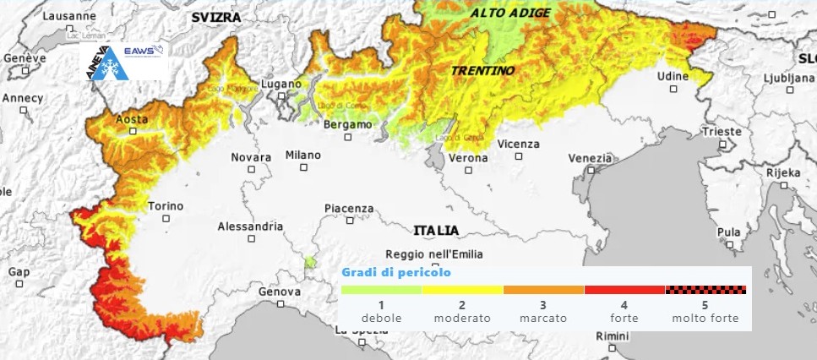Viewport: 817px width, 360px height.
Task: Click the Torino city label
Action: (x=165, y=206)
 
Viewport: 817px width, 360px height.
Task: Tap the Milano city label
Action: (x=302, y=155)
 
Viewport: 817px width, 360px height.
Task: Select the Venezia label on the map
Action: (x=590, y=158)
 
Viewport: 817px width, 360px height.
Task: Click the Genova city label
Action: (x=279, y=292)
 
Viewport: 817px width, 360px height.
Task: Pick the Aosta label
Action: (x=131, y=120)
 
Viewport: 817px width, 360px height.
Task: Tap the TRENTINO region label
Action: (x=482, y=71)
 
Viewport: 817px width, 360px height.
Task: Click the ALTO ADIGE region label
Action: (x=510, y=13)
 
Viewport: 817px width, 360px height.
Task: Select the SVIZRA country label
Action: (x=215, y=17)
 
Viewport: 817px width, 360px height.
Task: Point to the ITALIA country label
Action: (x=436, y=230)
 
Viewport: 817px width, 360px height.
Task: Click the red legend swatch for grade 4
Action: (x=624, y=290)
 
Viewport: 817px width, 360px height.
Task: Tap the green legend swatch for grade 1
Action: (x=381, y=290)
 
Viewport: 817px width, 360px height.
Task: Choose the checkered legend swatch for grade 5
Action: (x=705, y=290)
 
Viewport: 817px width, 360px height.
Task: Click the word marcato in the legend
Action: (x=543, y=319)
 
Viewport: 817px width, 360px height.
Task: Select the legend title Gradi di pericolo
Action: (x=396, y=273)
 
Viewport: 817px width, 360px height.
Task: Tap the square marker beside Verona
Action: (x=469, y=170)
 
